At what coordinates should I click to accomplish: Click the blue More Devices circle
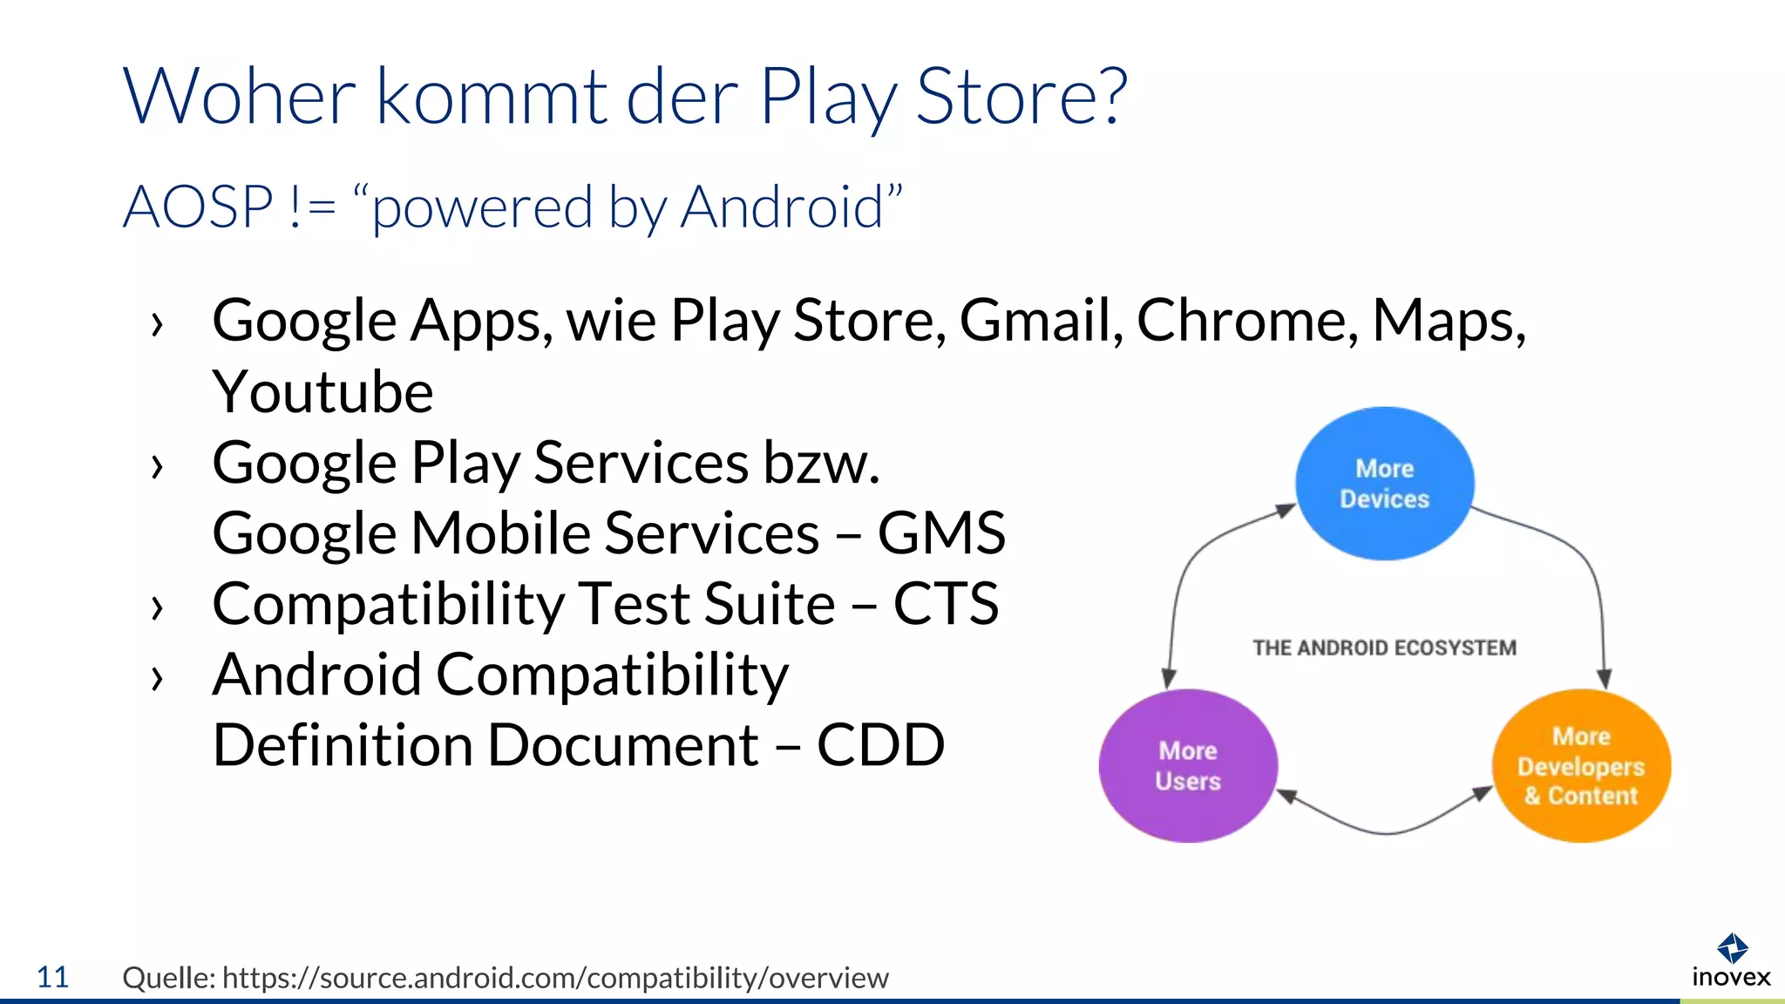pyautogui.click(x=1384, y=484)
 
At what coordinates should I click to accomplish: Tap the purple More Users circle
pyautogui.click(x=1188, y=766)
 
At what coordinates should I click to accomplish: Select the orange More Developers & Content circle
pyautogui.click(x=1581, y=766)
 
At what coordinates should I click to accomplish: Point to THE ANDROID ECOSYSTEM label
pyautogui.click(x=1384, y=648)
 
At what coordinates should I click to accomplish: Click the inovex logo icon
pyautogui.click(x=1731, y=947)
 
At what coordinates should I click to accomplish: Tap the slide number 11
pyautogui.click(x=52, y=977)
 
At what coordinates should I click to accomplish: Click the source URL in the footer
pyautogui.click(x=555, y=978)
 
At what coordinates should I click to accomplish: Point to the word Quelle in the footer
pyautogui.click(x=168, y=978)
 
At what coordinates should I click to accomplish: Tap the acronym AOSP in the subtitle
pyautogui.click(x=199, y=207)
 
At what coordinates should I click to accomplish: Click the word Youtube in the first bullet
pyautogui.click(x=322, y=392)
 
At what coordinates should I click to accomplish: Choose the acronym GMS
pyautogui.click(x=941, y=533)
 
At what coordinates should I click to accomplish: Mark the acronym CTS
pyautogui.click(x=946, y=603)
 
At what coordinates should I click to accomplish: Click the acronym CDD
pyautogui.click(x=880, y=745)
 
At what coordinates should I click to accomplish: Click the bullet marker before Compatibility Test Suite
pyautogui.click(x=157, y=607)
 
